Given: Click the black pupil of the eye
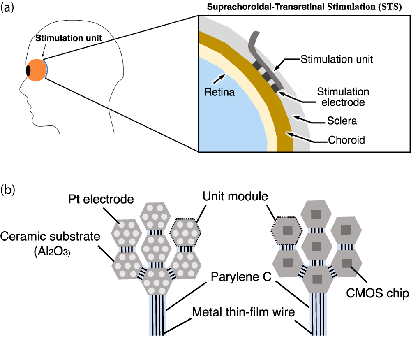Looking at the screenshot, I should click(29, 70).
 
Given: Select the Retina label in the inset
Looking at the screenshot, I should click(219, 92).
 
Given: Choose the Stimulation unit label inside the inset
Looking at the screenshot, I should click(337, 59).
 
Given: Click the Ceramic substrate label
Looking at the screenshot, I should click(50, 237).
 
